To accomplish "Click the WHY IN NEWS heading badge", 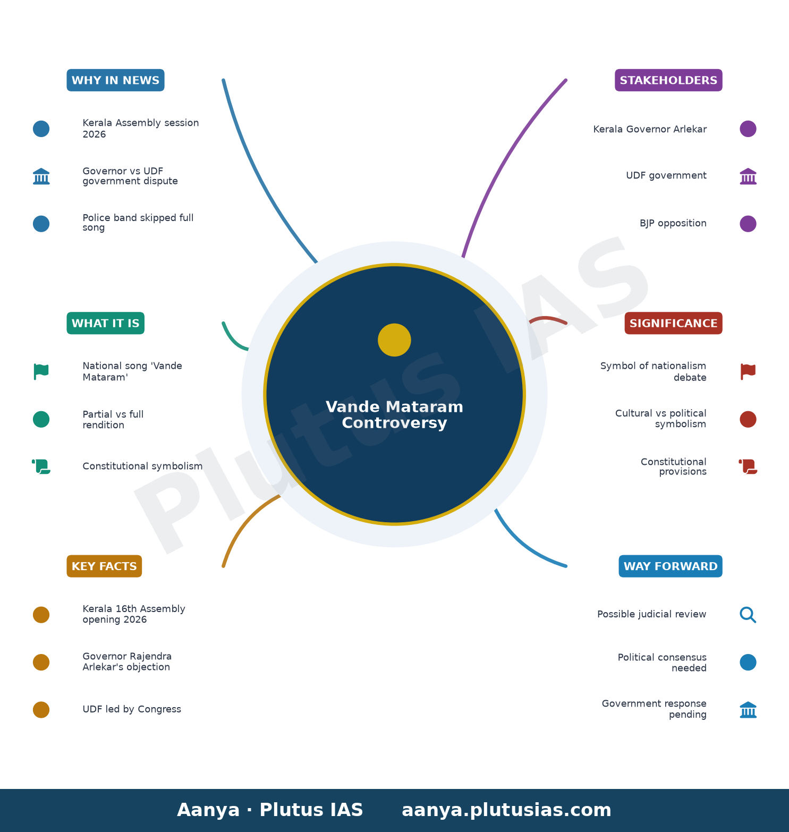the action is tap(115, 80).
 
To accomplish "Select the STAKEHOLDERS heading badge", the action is tap(668, 80).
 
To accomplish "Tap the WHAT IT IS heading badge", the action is tap(105, 323).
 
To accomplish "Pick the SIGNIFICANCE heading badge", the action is tap(673, 323).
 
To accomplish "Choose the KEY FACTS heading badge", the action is tap(104, 566).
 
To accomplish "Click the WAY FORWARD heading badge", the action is tap(671, 566).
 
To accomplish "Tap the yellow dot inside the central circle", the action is tap(394, 340).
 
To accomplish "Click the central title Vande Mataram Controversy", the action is tap(394, 415).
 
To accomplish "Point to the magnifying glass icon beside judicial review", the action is tap(748, 615).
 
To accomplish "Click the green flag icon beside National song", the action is tap(41, 371).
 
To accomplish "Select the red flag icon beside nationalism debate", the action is tap(748, 371).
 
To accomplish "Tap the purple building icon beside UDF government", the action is tap(748, 176).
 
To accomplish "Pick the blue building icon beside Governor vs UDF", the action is tap(41, 176).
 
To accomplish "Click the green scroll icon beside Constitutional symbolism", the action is tap(41, 466).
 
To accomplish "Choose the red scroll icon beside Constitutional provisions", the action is tap(748, 466).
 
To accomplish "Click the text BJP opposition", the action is tap(673, 223).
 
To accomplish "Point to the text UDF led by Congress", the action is tap(132, 709).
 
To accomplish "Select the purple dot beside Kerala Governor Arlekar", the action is tap(748, 129).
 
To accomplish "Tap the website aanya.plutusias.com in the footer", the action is tap(506, 810).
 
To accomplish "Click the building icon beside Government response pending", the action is tap(748, 710).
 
